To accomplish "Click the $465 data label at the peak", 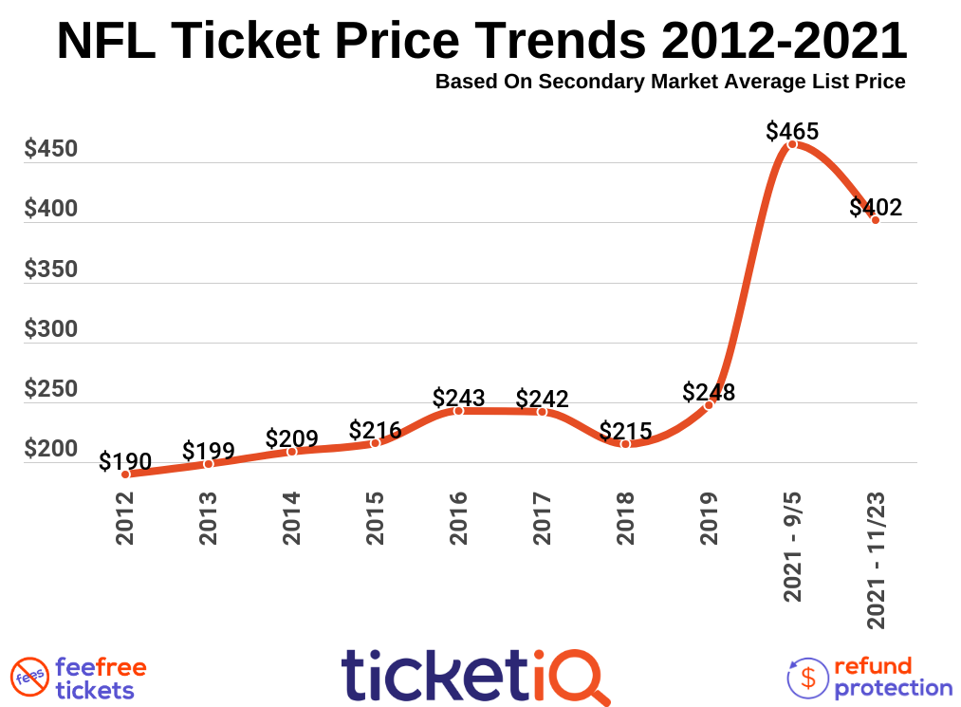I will (792, 131).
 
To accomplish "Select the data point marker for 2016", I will (458, 411).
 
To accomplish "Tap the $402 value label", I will (876, 207).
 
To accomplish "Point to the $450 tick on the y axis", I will (51, 150).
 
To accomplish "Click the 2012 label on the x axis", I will (125, 518).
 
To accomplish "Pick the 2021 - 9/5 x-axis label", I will (793, 548).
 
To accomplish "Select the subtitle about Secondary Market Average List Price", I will (670, 82).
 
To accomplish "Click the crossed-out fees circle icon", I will (28, 677).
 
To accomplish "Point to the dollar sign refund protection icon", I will (808, 677).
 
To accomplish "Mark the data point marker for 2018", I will (625, 443).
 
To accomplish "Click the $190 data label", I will (125, 461).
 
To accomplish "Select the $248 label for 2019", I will (709, 392).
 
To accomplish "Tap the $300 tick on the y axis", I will (51, 330).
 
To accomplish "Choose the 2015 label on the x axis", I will (376, 518).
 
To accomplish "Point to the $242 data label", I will (542, 399).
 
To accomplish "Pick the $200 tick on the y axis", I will (51, 450).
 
